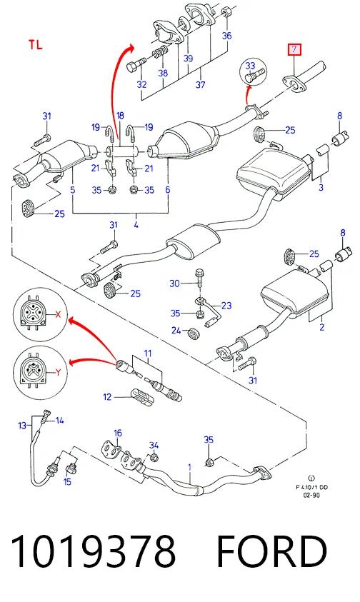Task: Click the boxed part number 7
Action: (x=295, y=49)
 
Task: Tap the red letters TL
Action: (x=35, y=45)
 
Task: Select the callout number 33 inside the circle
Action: (x=250, y=66)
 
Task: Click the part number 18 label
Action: (x=120, y=116)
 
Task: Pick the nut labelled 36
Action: (x=226, y=13)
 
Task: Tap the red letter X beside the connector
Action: (x=58, y=315)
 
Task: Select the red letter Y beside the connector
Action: (x=59, y=372)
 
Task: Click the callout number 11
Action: (x=148, y=353)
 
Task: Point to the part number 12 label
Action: (x=107, y=397)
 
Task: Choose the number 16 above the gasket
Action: (x=118, y=433)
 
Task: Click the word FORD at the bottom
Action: (x=271, y=552)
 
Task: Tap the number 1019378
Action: (x=94, y=552)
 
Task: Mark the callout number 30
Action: (x=174, y=284)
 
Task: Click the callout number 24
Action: (x=176, y=330)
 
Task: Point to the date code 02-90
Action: (x=311, y=496)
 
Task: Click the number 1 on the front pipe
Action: (x=189, y=467)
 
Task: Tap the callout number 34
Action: (x=154, y=446)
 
